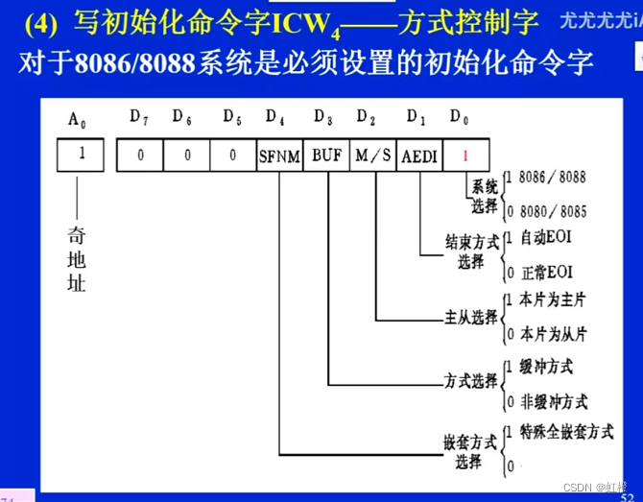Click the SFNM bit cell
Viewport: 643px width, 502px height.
pos(278,155)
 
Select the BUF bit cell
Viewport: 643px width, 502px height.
pos(326,155)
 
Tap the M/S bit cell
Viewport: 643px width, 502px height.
pos(372,155)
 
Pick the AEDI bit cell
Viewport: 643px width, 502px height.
pos(418,155)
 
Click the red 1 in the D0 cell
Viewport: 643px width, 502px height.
pos(465,155)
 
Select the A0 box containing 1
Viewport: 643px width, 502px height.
pos(81,154)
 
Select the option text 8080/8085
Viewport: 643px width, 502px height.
pos(551,211)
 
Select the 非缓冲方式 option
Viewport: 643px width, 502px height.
pos(553,401)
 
